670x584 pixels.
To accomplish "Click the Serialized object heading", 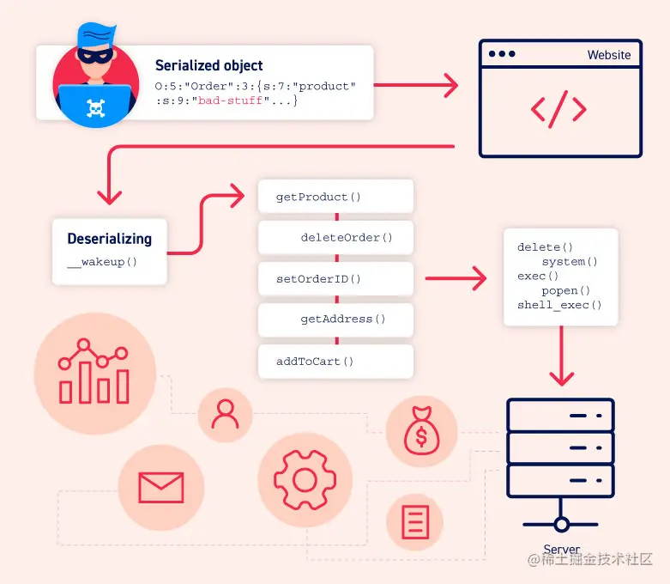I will [208, 65].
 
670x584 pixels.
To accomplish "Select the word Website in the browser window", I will [608, 55].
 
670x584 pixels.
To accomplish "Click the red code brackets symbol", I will [558, 109].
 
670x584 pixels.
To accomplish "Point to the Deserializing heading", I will [109, 239].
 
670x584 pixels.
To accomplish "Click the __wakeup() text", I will [102, 262].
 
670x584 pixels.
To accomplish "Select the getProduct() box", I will [335, 197].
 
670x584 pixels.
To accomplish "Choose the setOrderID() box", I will [335, 278].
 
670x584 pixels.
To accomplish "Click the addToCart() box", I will [335, 361].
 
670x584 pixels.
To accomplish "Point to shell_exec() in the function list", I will [559, 305].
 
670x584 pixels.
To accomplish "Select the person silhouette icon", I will [225, 414].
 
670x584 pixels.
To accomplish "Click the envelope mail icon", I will [161, 487].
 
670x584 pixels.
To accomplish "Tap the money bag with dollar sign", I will [420, 431].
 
